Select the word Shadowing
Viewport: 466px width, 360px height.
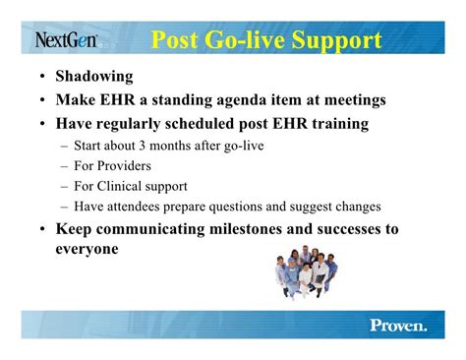[x=94, y=77]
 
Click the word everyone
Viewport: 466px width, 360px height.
[x=87, y=249]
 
